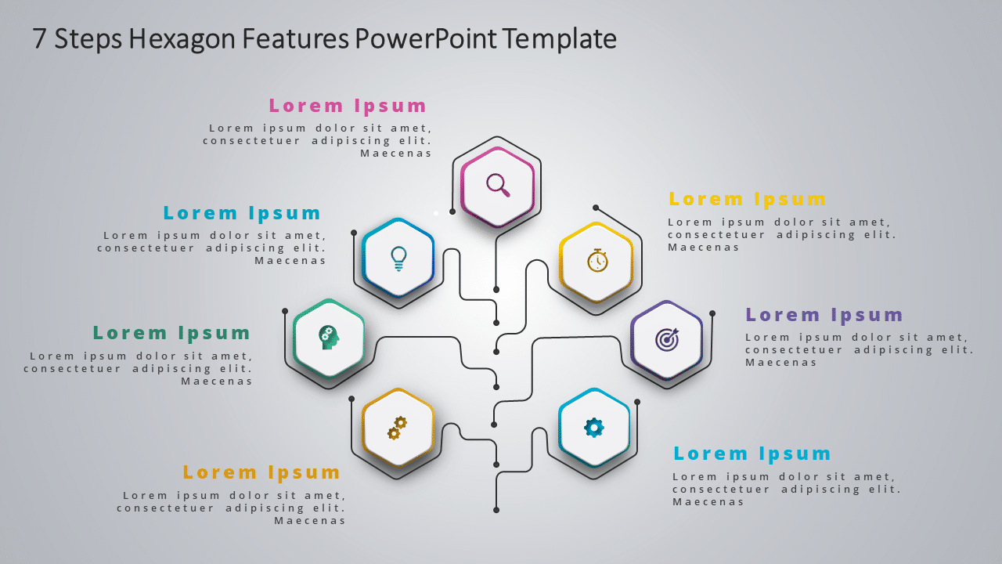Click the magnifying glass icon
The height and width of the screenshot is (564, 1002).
coord(498,185)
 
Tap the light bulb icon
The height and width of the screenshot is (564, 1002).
coord(398,258)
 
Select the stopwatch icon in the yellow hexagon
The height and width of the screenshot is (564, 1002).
coord(597,260)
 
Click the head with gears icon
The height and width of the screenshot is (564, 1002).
coord(329,337)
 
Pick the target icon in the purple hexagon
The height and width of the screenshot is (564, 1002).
coord(667,339)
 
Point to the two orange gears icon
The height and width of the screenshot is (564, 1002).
coord(397,428)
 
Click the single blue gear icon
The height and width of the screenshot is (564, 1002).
coord(594,427)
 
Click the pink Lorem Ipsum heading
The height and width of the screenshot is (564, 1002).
coord(348,106)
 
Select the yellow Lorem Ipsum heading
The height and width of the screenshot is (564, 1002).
coord(747,199)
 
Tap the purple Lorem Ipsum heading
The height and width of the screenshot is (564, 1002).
coord(824,315)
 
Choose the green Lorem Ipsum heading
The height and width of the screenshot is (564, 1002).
coord(171,333)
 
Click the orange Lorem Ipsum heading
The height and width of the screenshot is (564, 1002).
coord(261,472)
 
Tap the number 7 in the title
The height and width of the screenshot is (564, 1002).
coord(39,38)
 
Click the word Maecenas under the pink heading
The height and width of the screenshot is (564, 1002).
coord(395,154)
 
